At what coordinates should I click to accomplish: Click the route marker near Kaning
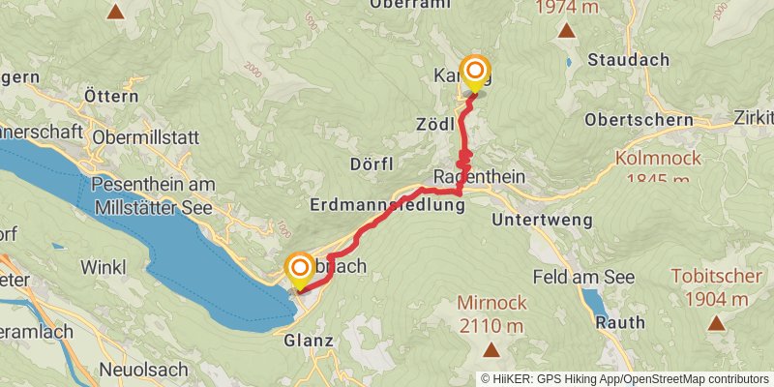[x=474, y=73]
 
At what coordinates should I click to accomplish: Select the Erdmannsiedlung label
[x=387, y=204]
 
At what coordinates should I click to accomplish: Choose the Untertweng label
[x=540, y=221]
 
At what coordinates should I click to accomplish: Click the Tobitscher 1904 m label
[x=716, y=287]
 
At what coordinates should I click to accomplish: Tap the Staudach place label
[x=628, y=60]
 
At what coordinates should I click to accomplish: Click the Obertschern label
[x=640, y=120]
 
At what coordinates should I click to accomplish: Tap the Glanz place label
[x=309, y=341]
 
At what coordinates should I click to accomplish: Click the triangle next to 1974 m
[x=566, y=31]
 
